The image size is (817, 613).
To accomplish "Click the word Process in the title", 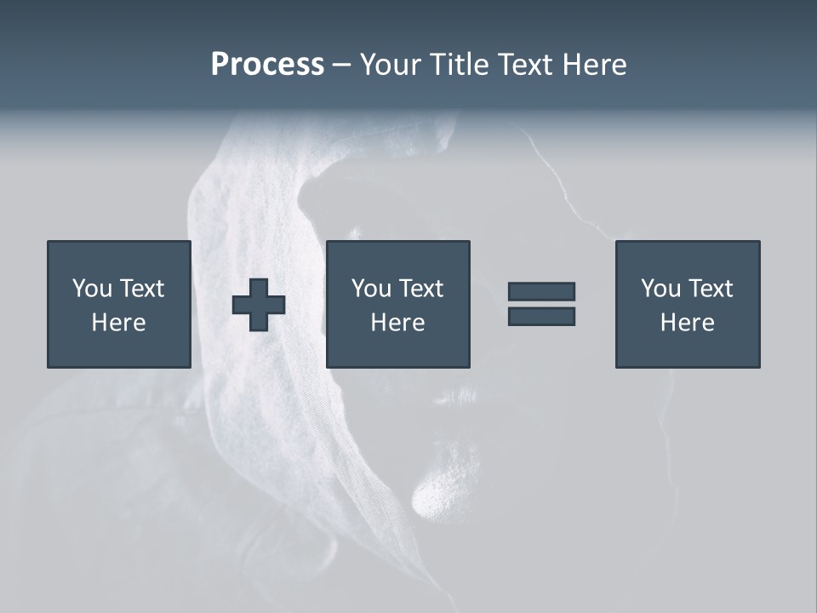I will pos(267,65).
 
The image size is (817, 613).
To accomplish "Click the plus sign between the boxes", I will pos(259,304).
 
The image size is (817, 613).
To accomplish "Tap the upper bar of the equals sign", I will pos(541,291).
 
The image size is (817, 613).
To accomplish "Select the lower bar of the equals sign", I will pos(541,317).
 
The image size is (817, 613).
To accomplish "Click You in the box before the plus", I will pos(92,289).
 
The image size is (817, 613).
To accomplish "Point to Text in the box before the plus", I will pos(140,289).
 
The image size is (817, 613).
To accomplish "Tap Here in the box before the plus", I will pos(118,323).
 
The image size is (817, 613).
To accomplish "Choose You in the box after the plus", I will pos(371,289).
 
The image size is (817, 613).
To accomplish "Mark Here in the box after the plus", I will pos(397,323).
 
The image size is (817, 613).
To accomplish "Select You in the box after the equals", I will pos(660,289).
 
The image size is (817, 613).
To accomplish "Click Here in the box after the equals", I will pos(687,323).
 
